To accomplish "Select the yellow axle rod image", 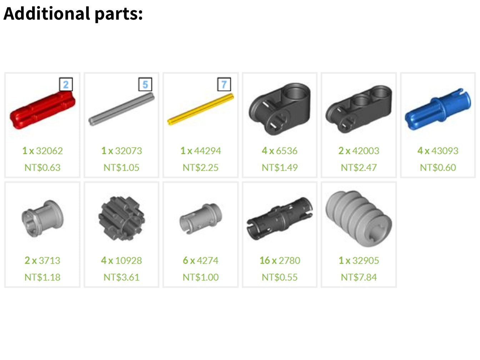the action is [200, 109].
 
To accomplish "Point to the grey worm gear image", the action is [359, 219].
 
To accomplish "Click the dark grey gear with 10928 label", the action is [121, 219].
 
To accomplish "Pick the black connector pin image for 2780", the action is [280, 219].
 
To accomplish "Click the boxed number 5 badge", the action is [145, 84].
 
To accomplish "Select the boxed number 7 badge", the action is [224, 84].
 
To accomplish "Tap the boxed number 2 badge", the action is [66, 84].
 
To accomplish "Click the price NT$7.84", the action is [359, 277].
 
